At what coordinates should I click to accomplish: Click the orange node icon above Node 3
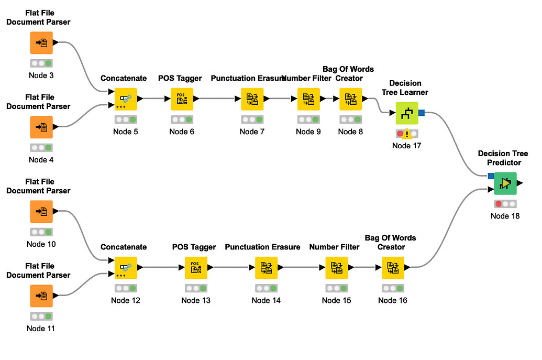[x=41, y=42]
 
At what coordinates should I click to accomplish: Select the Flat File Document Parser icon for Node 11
[x=41, y=296]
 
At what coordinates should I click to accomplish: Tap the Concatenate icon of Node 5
[x=126, y=99]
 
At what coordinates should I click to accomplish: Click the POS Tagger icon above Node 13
[x=196, y=268]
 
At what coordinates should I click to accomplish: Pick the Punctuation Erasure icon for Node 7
[x=252, y=99]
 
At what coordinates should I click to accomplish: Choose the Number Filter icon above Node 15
[x=337, y=268]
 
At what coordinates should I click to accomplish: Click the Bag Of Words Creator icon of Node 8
[x=351, y=99]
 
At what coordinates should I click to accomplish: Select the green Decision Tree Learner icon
[x=406, y=113]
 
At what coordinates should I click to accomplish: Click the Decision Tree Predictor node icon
[x=505, y=183]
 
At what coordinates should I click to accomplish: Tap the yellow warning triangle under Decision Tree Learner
[x=407, y=134]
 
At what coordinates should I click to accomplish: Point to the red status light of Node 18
[x=499, y=204]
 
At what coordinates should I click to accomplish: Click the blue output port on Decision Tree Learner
[x=421, y=113]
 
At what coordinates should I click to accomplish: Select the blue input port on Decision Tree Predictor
[x=491, y=176]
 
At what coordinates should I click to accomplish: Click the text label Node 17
[x=406, y=146]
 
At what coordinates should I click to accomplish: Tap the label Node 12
[x=126, y=300]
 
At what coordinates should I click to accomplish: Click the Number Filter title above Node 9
[x=307, y=79]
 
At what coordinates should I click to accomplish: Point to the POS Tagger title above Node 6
[x=180, y=79]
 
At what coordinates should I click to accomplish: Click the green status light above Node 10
[x=48, y=232]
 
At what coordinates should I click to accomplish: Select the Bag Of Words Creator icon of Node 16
[x=393, y=268]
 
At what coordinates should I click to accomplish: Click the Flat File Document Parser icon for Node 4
[x=41, y=127]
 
